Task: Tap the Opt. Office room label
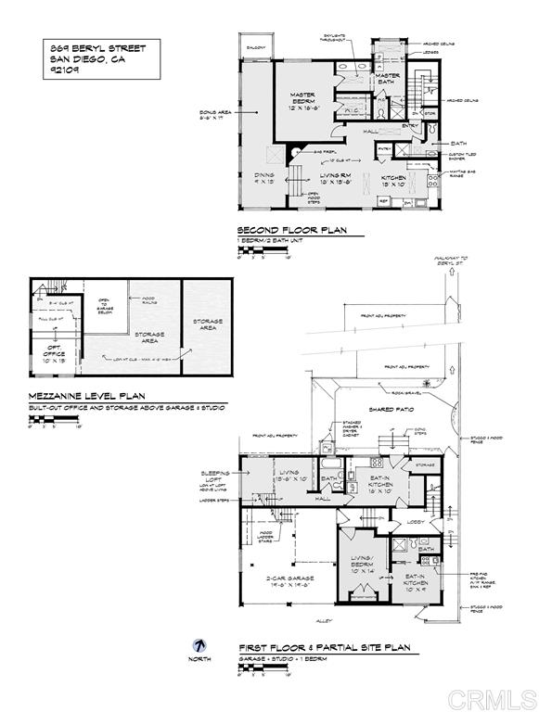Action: (x=48, y=352)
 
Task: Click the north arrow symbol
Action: (x=199, y=645)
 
